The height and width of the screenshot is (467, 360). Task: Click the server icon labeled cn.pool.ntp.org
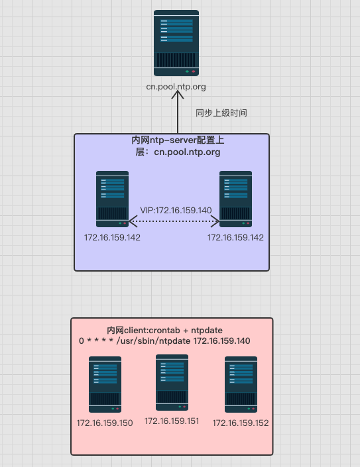point(176,43)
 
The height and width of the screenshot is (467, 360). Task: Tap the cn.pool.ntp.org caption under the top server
point(176,87)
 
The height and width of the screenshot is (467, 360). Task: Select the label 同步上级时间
point(221,113)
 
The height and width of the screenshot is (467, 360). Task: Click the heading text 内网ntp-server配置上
point(178,140)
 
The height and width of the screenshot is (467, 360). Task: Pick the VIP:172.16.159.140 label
point(176,210)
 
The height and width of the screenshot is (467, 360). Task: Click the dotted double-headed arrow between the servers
point(174,221)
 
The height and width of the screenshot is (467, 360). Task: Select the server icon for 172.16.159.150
point(105,384)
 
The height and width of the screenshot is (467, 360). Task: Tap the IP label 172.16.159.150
point(105,423)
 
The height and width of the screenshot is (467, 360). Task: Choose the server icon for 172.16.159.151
point(172,382)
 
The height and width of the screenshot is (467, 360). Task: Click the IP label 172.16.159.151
point(172,421)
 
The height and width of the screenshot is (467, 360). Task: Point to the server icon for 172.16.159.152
point(241,384)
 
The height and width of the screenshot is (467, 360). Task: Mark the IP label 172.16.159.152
point(241,423)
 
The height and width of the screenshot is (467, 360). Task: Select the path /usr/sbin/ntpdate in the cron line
point(153,341)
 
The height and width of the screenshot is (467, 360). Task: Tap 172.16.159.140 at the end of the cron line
point(222,340)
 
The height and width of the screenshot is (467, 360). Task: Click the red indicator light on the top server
point(194,72)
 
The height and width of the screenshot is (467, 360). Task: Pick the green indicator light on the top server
point(187,72)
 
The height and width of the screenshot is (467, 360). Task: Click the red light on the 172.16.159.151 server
point(184,407)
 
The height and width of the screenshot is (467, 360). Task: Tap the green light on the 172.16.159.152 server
point(249,409)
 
